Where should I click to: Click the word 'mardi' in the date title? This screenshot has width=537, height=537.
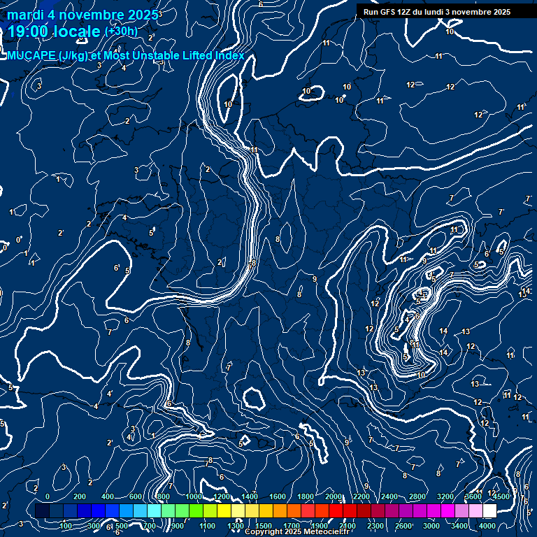tap(24, 15)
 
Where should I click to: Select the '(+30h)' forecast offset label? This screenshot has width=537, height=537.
tap(121, 31)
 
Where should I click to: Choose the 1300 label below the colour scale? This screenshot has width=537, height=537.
tap(236, 526)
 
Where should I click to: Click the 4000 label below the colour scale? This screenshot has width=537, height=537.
tap(487, 526)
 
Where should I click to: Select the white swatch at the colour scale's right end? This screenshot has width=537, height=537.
tap(489, 511)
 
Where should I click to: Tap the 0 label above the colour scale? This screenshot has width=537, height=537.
tap(48, 496)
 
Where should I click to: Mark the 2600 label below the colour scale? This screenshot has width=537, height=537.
tap(403, 526)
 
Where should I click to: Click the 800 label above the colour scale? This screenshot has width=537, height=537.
tap(164, 496)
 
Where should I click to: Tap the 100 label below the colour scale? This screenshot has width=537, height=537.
tap(66, 526)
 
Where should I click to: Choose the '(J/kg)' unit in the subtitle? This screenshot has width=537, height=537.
tap(73, 56)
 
